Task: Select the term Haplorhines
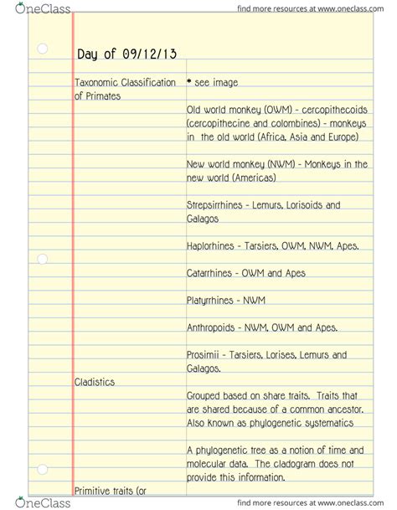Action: [213, 246]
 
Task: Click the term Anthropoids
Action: [213, 327]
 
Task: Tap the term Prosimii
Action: [204, 355]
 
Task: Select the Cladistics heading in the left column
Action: [94, 382]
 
